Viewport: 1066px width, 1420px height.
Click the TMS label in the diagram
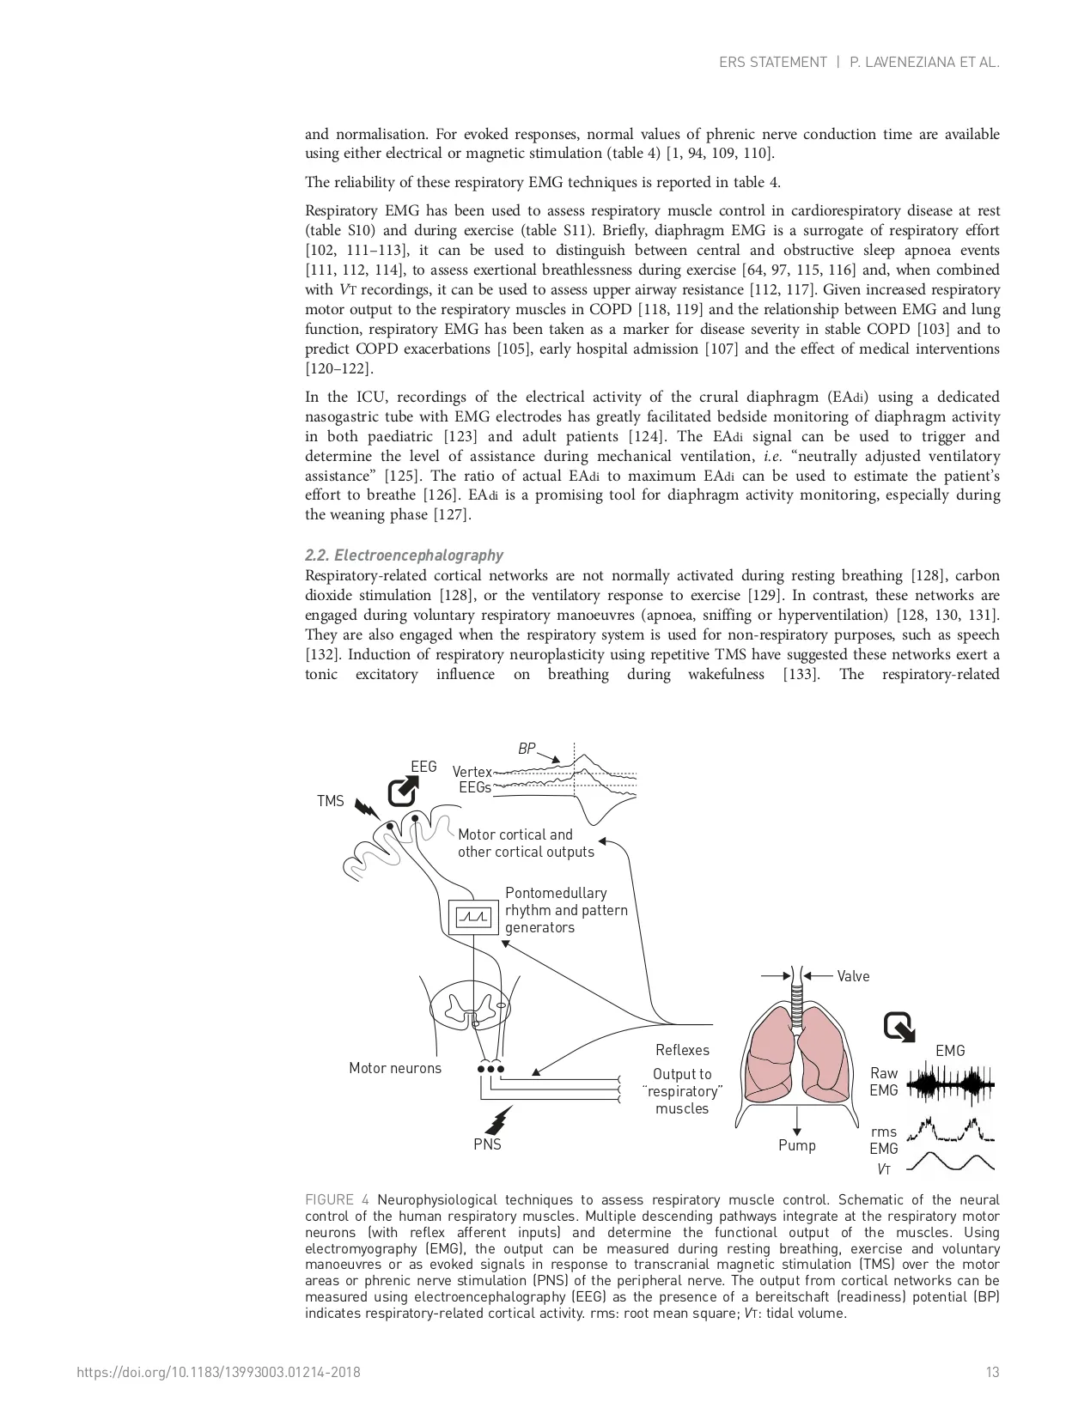[330, 801]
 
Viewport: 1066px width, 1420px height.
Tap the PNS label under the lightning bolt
[487, 1144]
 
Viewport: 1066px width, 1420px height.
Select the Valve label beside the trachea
[853, 976]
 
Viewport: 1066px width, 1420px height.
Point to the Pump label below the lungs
[797, 1145]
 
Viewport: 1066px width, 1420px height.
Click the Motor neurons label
[395, 1068]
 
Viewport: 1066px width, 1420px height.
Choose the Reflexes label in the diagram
[682, 1050]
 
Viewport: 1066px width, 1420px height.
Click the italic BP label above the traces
[526, 749]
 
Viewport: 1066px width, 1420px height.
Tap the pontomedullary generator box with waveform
[472, 918]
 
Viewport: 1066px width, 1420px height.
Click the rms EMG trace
[951, 1131]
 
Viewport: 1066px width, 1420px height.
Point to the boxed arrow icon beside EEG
[402, 791]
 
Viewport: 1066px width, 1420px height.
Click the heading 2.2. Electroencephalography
[404, 555]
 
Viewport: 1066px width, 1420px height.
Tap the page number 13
[992, 1372]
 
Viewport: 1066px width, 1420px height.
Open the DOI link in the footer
[218, 1372]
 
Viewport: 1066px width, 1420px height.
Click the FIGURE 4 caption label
[337, 1199]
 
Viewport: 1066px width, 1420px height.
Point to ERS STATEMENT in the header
[772, 62]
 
